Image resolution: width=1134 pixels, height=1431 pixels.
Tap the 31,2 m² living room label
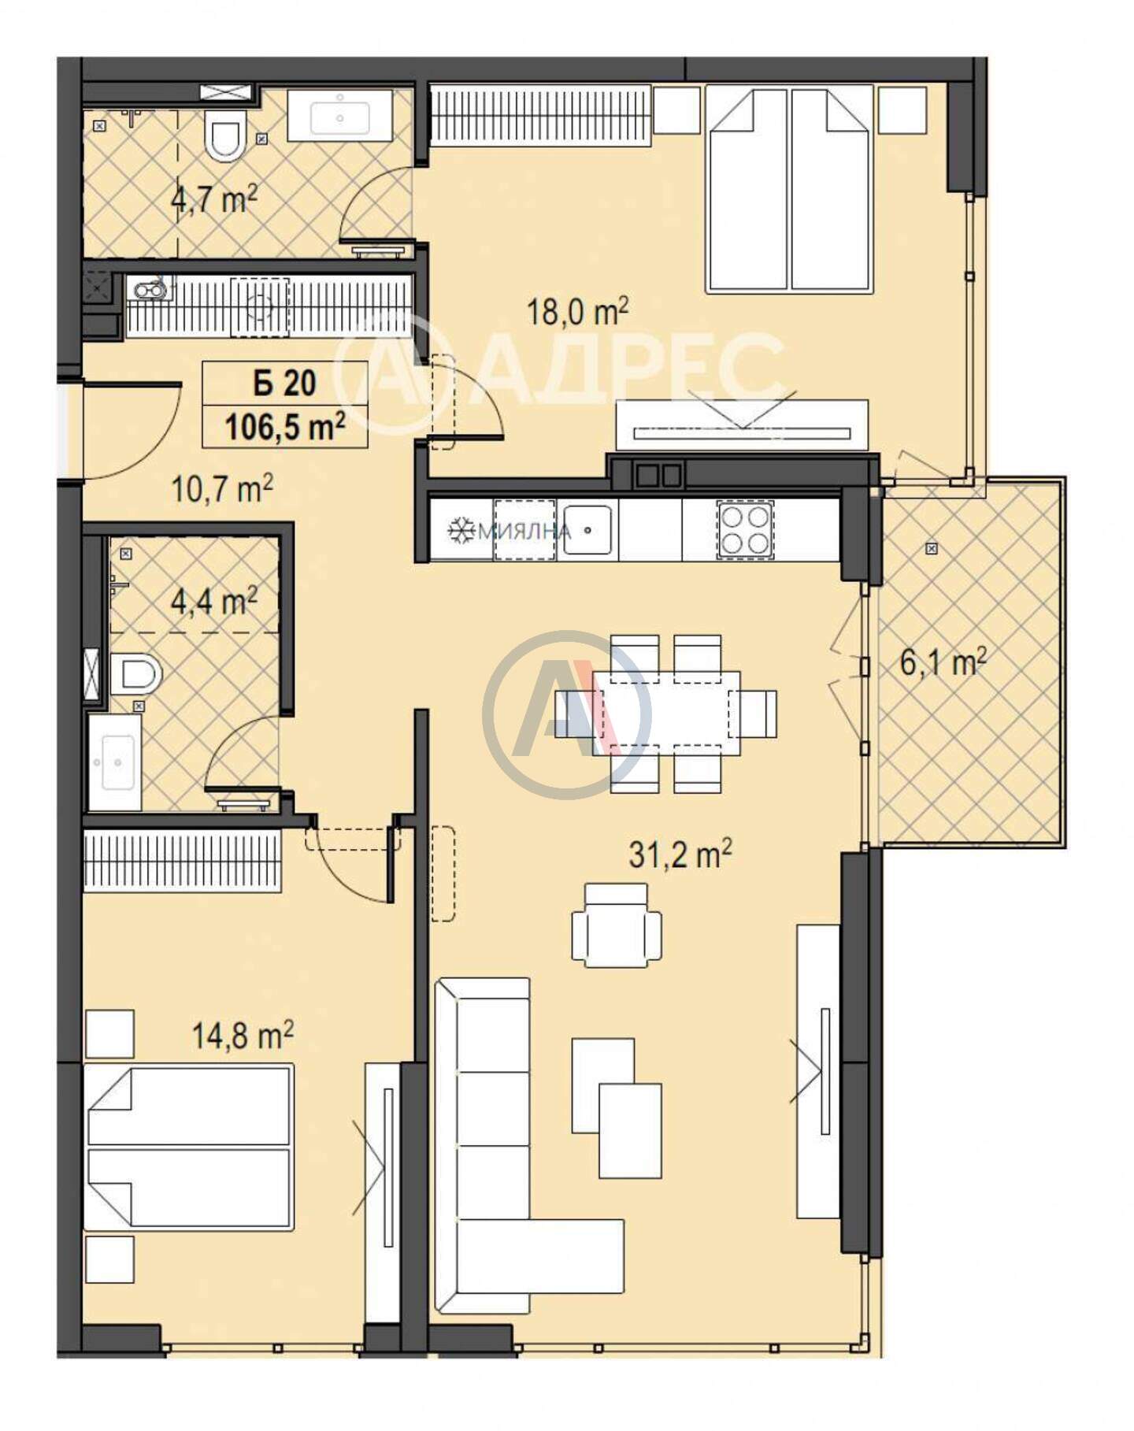click(x=680, y=854)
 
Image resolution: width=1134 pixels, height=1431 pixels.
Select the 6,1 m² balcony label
click(x=943, y=663)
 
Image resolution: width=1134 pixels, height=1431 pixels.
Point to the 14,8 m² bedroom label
click(x=243, y=1035)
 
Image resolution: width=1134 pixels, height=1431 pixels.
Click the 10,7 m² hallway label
click(x=222, y=489)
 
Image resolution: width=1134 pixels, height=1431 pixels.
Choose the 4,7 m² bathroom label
click(x=213, y=199)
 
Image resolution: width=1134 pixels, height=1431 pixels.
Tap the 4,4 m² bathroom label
click(x=213, y=602)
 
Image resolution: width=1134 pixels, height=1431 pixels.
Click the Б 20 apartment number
click(x=284, y=383)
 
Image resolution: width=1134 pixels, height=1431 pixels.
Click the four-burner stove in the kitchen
click(x=744, y=530)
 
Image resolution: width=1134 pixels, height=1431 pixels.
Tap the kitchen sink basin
click(x=587, y=530)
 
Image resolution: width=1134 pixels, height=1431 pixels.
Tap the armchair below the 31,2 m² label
click(x=617, y=925)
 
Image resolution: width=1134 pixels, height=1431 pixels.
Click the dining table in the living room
click(x=666, y=713)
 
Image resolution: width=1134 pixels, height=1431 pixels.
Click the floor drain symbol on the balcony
click(x=932, y=548)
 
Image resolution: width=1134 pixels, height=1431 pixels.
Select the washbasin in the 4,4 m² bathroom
click(x=115, y=762)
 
